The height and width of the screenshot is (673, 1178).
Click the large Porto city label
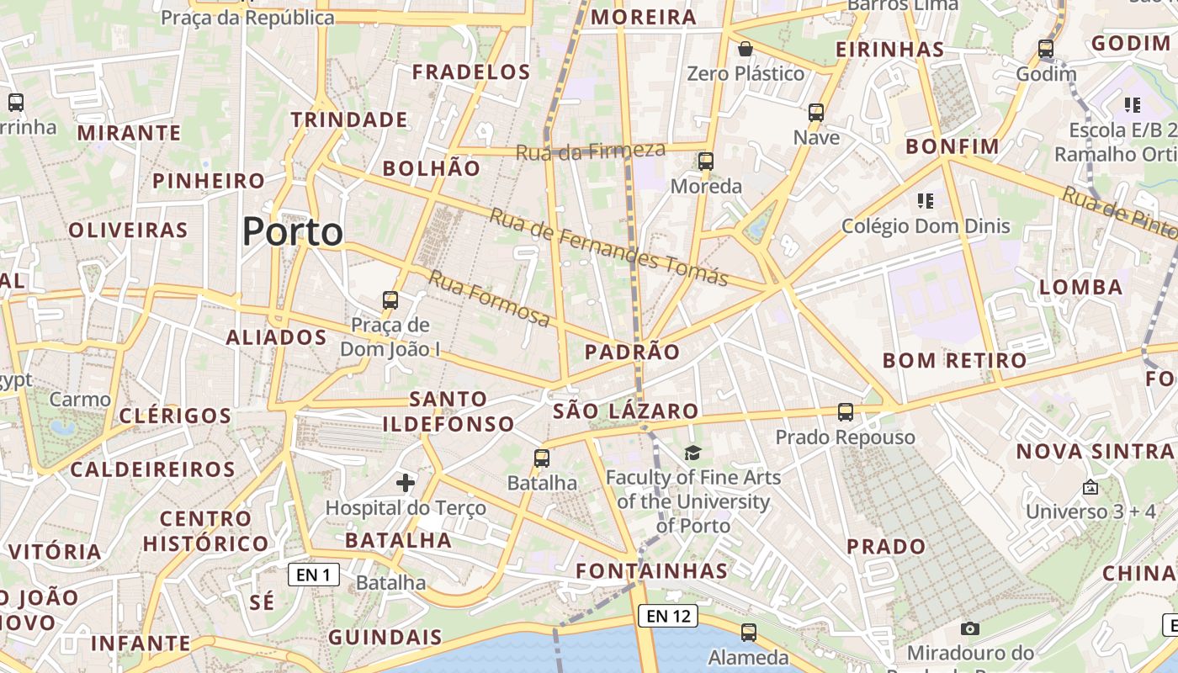pos(293,232)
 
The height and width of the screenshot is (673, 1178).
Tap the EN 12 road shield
pos(669,616)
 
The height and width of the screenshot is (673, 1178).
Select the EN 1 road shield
pos(314,575)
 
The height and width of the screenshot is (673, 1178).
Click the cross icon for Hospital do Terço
pos(406,482)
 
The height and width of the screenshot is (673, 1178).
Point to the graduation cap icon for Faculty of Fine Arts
pos(692,453)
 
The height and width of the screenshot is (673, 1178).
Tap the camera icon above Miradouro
pos(970,628)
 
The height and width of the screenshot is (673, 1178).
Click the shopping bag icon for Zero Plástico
pos(745,49)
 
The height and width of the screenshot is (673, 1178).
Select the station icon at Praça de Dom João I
pos(390,299)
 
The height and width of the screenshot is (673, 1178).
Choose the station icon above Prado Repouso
pos(846,412)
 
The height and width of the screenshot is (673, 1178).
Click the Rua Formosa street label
pos(490,299)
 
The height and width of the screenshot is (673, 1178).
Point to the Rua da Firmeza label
pos(590,151)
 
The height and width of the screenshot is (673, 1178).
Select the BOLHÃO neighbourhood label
pos(432,168)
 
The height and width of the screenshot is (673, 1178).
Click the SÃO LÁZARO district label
pos(626,411)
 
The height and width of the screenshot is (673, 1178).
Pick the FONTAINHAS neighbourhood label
pos(651,570)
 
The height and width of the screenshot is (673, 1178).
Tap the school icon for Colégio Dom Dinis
pos(926,201)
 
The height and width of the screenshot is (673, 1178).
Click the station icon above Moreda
pos(706,161)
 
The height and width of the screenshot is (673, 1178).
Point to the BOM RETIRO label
pos(954,361)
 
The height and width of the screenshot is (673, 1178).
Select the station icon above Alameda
pos(749,632)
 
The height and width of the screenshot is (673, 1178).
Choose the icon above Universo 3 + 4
pos(1090,487)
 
